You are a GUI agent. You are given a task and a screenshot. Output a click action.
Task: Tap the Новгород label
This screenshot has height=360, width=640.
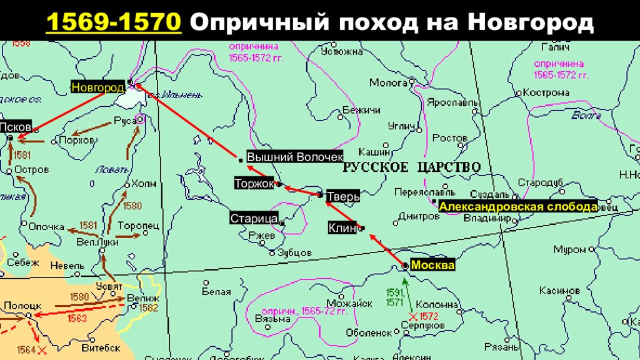97,87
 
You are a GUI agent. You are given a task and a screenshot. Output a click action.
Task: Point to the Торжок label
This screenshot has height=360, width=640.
255,184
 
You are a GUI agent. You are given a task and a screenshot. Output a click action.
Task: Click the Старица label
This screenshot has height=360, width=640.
254,219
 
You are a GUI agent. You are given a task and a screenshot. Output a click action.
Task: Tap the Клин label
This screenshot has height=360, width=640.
341,228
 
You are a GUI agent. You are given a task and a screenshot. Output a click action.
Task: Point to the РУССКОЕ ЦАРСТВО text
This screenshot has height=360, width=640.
411,167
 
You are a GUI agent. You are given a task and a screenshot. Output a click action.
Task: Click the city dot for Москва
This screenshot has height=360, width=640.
404,266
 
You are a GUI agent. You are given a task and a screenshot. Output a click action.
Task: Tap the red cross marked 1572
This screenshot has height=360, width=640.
412,317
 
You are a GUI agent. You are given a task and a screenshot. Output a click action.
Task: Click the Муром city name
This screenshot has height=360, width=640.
569,250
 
